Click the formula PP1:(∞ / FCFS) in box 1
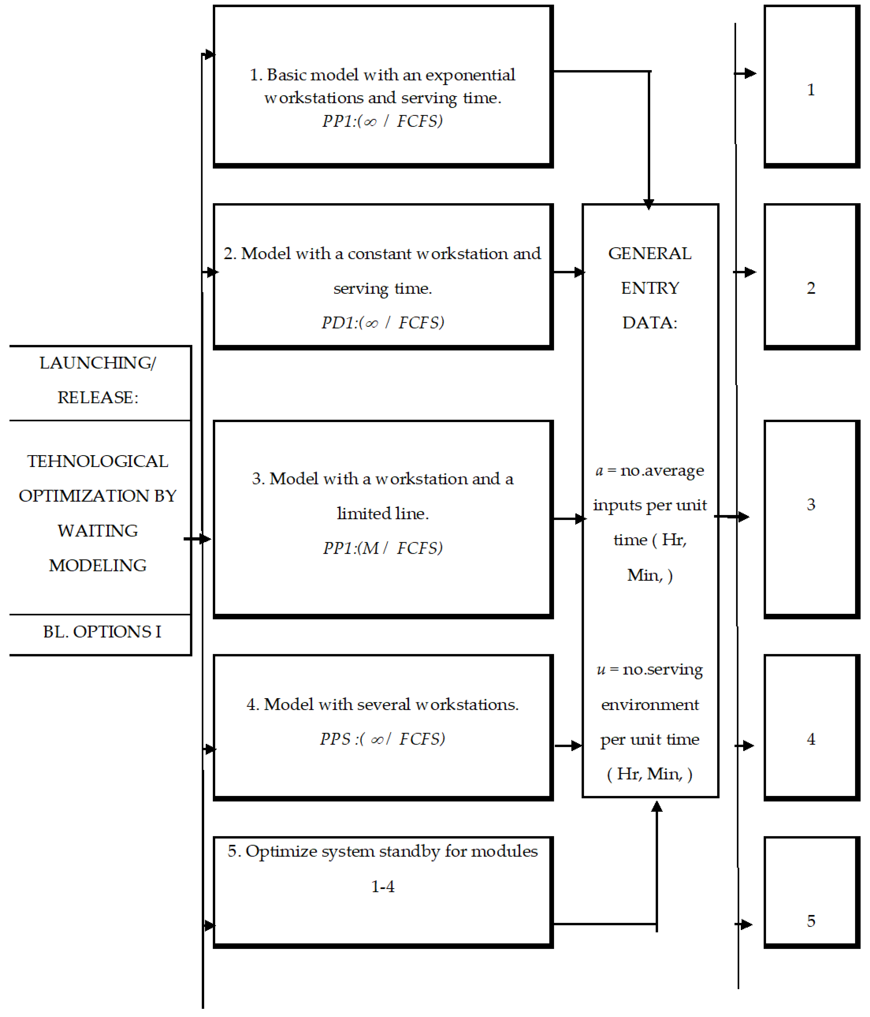point(382,121)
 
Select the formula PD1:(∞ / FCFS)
point(382,323)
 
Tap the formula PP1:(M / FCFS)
point(382,548)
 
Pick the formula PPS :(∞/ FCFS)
point(382,739)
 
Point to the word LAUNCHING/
point(98,363)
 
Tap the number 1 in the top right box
point(811,90)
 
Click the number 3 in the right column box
point(811,505)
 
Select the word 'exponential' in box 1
point(470,75)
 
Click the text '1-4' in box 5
point(382,886)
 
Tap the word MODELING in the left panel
point(98,566)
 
